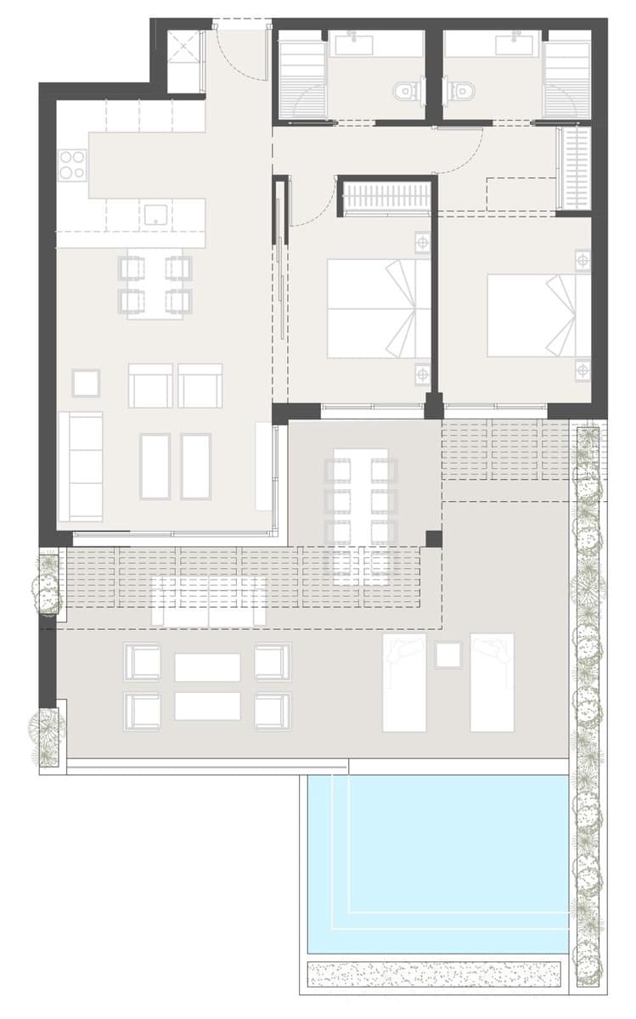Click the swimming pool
coord(437,862)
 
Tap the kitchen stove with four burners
coord(72,164)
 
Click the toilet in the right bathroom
coord(462,88)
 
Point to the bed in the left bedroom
coord(378,308)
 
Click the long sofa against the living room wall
coord(81,465)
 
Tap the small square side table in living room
coord(86,383)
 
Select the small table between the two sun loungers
coord(447,655)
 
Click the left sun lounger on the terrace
coord(404,682)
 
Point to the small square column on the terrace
coord(434,538)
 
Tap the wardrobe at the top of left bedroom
coord(386,197)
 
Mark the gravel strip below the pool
coord(435,973)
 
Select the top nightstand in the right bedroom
coord(583,260)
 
